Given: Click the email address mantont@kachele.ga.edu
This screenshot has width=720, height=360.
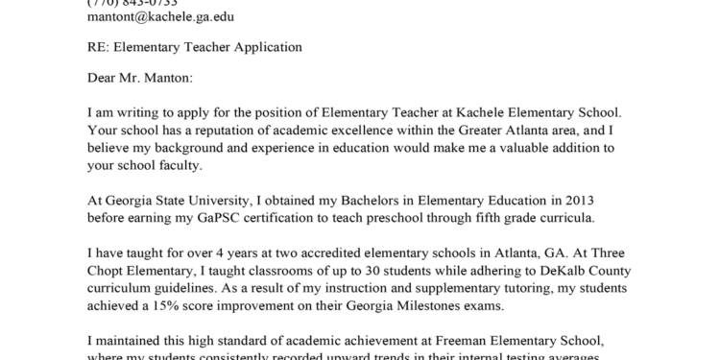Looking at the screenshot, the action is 159,17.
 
